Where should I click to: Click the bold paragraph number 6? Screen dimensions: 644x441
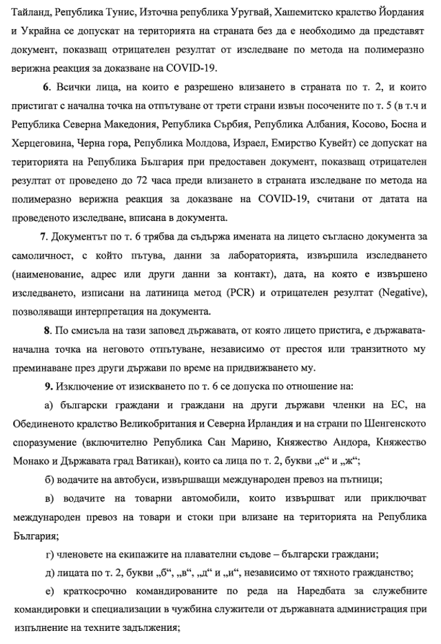pos(46,87)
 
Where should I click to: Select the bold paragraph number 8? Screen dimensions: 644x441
pos(46,330)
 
